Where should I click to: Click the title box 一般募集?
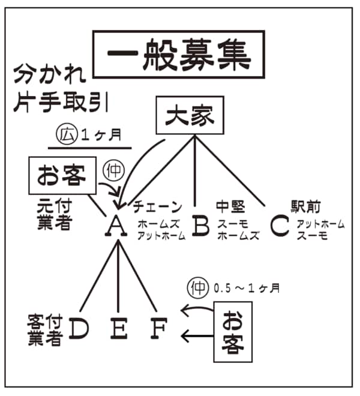click(178, 55)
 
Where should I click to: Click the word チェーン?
click(158, 207)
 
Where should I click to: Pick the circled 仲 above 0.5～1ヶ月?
click(197, 287)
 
